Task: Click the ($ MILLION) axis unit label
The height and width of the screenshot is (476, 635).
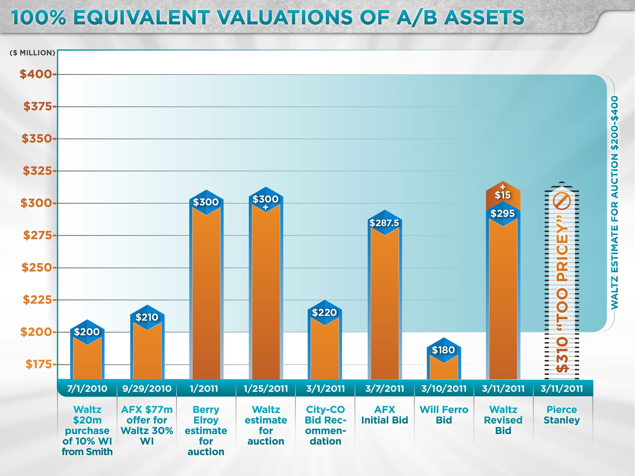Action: click(32, 53)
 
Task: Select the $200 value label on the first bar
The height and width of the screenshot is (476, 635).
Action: click(87, 332)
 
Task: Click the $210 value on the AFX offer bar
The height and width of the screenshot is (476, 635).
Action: click(147, 317)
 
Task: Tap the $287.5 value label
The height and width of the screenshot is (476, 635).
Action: click(384, 223)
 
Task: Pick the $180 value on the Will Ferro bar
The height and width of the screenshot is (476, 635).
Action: click(443, 350)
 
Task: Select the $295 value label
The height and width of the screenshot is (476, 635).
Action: click(503, 213)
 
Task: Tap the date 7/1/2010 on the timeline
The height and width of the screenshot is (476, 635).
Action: click(87, 389)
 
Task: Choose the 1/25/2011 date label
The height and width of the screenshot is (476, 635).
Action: click(266, 389)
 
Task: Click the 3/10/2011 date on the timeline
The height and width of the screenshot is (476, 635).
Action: click(444, 389)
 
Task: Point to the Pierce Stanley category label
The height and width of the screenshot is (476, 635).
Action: click(562, 415)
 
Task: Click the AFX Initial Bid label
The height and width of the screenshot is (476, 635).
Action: click(384, 415)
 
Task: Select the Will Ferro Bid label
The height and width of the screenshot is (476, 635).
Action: click(444, 415)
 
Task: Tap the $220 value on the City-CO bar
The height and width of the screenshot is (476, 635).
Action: click(324, 312)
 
